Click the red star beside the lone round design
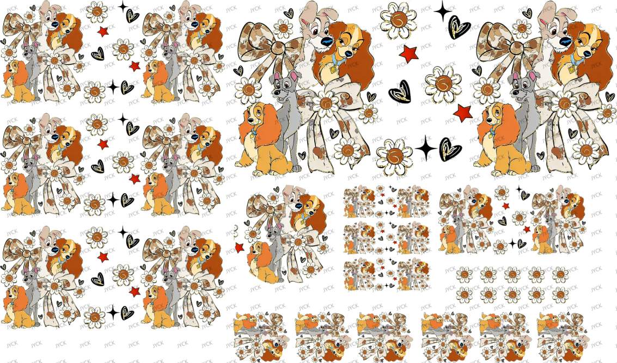click(239, 248)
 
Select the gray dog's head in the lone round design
click(273, 233)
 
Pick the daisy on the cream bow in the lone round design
click(297, 242)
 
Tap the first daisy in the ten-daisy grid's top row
click(464, 274)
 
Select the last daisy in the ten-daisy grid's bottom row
click(560, 294)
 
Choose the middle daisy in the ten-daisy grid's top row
click(512, 274)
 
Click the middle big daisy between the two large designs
click(443, 84)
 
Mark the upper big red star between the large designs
click(408, 54)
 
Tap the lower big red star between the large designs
click(463, 113)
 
